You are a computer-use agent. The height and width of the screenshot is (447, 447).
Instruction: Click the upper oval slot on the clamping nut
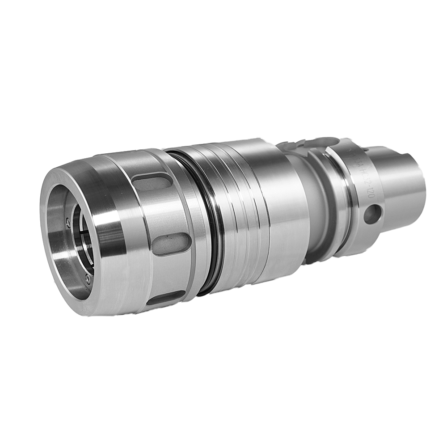[152, 182]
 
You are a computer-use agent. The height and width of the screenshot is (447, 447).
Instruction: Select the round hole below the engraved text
[372, 214]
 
